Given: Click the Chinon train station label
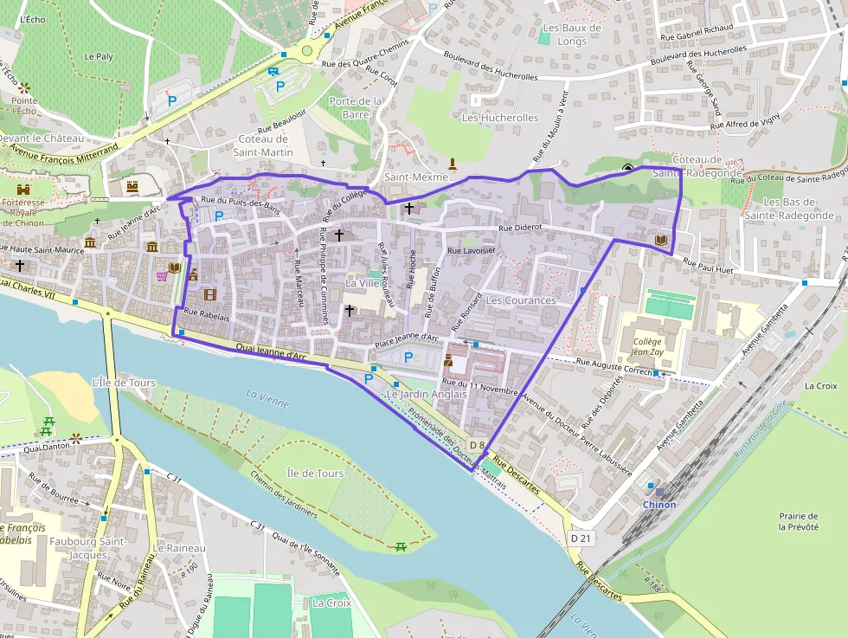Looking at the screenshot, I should [x=658, y=505].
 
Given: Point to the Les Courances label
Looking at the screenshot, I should [x=521, y=300].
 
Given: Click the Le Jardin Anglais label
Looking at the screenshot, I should [x=427, y=394].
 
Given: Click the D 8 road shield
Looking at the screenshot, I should [x=477, y=445].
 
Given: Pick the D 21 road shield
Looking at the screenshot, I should [x=581, y=538].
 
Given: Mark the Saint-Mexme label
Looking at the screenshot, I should [x=416, y=177].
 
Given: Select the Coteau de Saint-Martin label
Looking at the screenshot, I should [x=263, y=145].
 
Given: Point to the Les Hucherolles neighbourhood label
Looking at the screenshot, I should [x=500, y=118].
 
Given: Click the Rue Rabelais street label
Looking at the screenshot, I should [x=207, y=317].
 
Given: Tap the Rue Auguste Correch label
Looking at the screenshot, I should [x=614, y=366].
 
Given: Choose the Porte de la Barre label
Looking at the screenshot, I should [x=356, y=107].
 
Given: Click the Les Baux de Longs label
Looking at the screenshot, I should [x=571, y=35].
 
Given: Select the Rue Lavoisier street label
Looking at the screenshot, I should [x=471, y=250].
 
